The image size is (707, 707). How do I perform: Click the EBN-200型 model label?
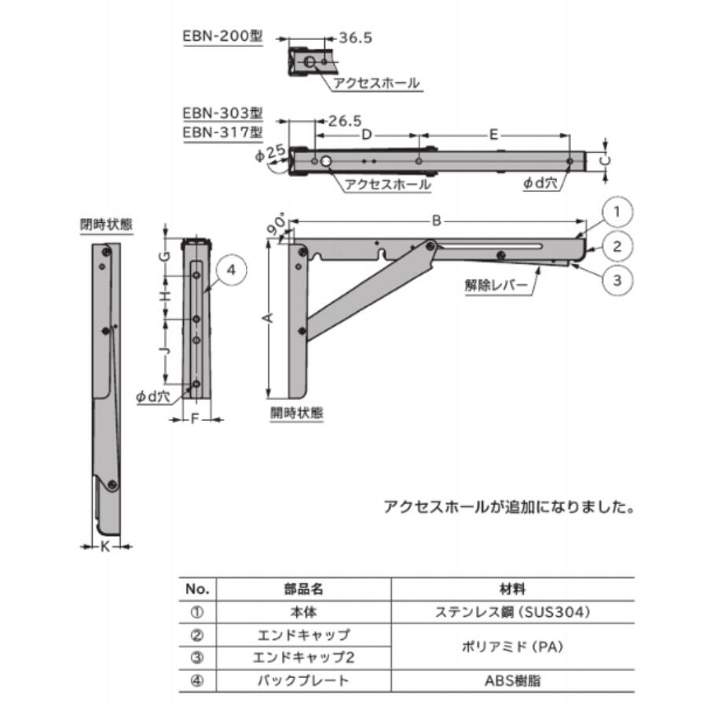(x=222, y=37)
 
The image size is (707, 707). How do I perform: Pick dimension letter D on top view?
(x=366, y=134)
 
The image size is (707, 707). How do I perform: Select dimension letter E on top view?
(x=493, y=134)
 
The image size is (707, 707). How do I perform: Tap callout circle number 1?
(x=618, y=211)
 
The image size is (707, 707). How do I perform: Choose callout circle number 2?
(x=618, y=247)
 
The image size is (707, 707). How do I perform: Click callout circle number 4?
(x=230, y=272)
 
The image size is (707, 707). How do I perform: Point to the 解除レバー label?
(x=497, y=286)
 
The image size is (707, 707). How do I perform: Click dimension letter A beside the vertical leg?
(x=268, y=317)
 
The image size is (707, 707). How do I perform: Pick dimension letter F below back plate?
(x=194, y=419)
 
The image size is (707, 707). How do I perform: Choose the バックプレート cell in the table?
(x=303, y=680)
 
